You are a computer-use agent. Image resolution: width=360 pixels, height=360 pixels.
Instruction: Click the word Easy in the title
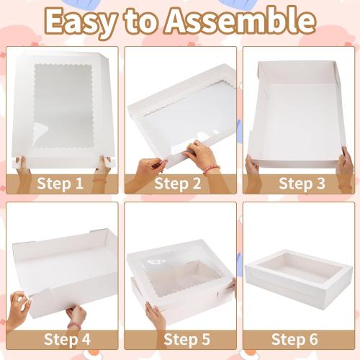(84, 22)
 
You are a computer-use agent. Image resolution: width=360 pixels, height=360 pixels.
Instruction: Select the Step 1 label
(63, 183)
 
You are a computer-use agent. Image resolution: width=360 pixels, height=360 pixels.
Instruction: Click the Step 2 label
(180, 183)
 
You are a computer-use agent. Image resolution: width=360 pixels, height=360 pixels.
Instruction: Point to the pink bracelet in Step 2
(211, 170)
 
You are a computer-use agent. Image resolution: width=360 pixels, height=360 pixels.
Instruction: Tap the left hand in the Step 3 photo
(253, 169)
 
